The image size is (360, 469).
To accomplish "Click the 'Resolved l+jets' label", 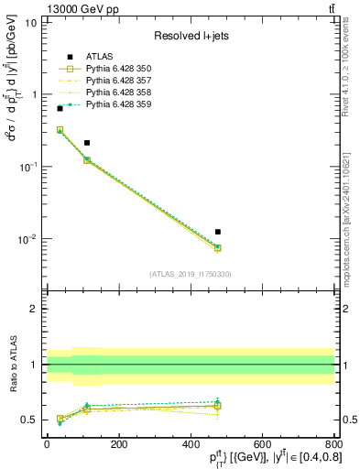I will pyautogui.click(x=191, y=36).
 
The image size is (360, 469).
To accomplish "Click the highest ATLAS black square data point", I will pyautogui.click(x=60, y=108).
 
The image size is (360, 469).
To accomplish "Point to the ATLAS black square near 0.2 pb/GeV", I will pyautogui.click(x=87, y=143).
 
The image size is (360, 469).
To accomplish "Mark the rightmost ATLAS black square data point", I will pyautogui.click(x=217, y=232).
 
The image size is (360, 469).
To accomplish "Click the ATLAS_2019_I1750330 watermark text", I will pyautogui.click(x=190, y=273).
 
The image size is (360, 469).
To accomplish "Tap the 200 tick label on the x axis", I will pyautogui.click(x=118, y=443).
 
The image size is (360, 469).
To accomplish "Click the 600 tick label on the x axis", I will pyautogui.click(x=261, y=443).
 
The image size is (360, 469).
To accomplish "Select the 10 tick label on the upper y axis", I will pyautogui.click(x=30, y=22).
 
